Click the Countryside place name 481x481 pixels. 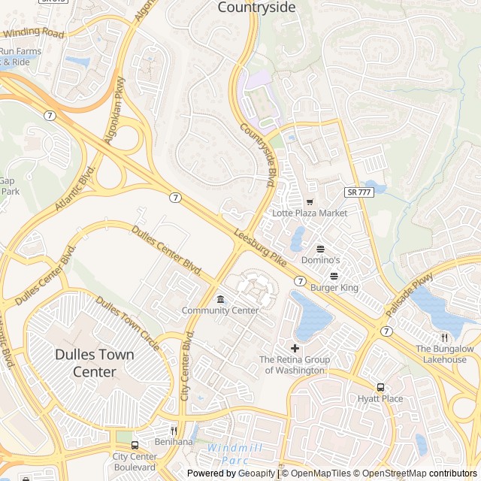[256, 8]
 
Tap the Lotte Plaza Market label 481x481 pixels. [310, 213]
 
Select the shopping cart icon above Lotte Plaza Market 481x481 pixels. [310, 202]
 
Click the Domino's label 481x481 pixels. [320, 260]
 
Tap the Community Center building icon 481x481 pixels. [220, 299]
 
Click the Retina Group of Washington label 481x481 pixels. [295, 365]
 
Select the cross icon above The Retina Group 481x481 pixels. [295, 348]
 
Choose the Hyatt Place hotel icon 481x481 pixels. [380, 387]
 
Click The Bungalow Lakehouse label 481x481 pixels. [445, 354]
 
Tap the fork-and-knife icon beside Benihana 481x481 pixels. [174, 431]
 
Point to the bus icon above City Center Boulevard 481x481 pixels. [135, 445]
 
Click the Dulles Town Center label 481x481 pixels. [95, 363]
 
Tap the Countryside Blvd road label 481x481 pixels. [258, 154]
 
